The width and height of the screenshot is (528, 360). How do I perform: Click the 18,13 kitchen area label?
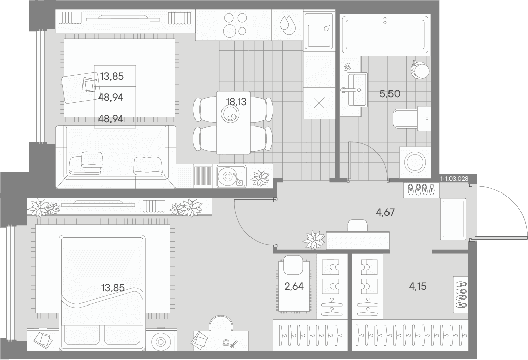236,101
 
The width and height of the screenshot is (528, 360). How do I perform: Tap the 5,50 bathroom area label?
390,94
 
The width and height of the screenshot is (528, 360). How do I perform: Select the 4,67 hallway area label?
385,212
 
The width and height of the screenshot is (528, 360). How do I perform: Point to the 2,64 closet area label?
294,286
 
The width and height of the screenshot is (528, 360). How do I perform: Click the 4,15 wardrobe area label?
418,286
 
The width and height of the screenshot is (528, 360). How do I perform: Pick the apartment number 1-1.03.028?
454,178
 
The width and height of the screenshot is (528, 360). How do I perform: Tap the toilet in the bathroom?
412,119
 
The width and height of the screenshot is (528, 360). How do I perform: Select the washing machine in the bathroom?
415,162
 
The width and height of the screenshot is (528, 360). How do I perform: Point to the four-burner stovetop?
235,24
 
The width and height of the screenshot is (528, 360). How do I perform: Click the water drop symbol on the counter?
287,24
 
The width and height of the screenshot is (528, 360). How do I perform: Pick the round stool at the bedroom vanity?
221,324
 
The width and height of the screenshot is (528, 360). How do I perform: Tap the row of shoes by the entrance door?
421,190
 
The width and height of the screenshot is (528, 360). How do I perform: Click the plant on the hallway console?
315,239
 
